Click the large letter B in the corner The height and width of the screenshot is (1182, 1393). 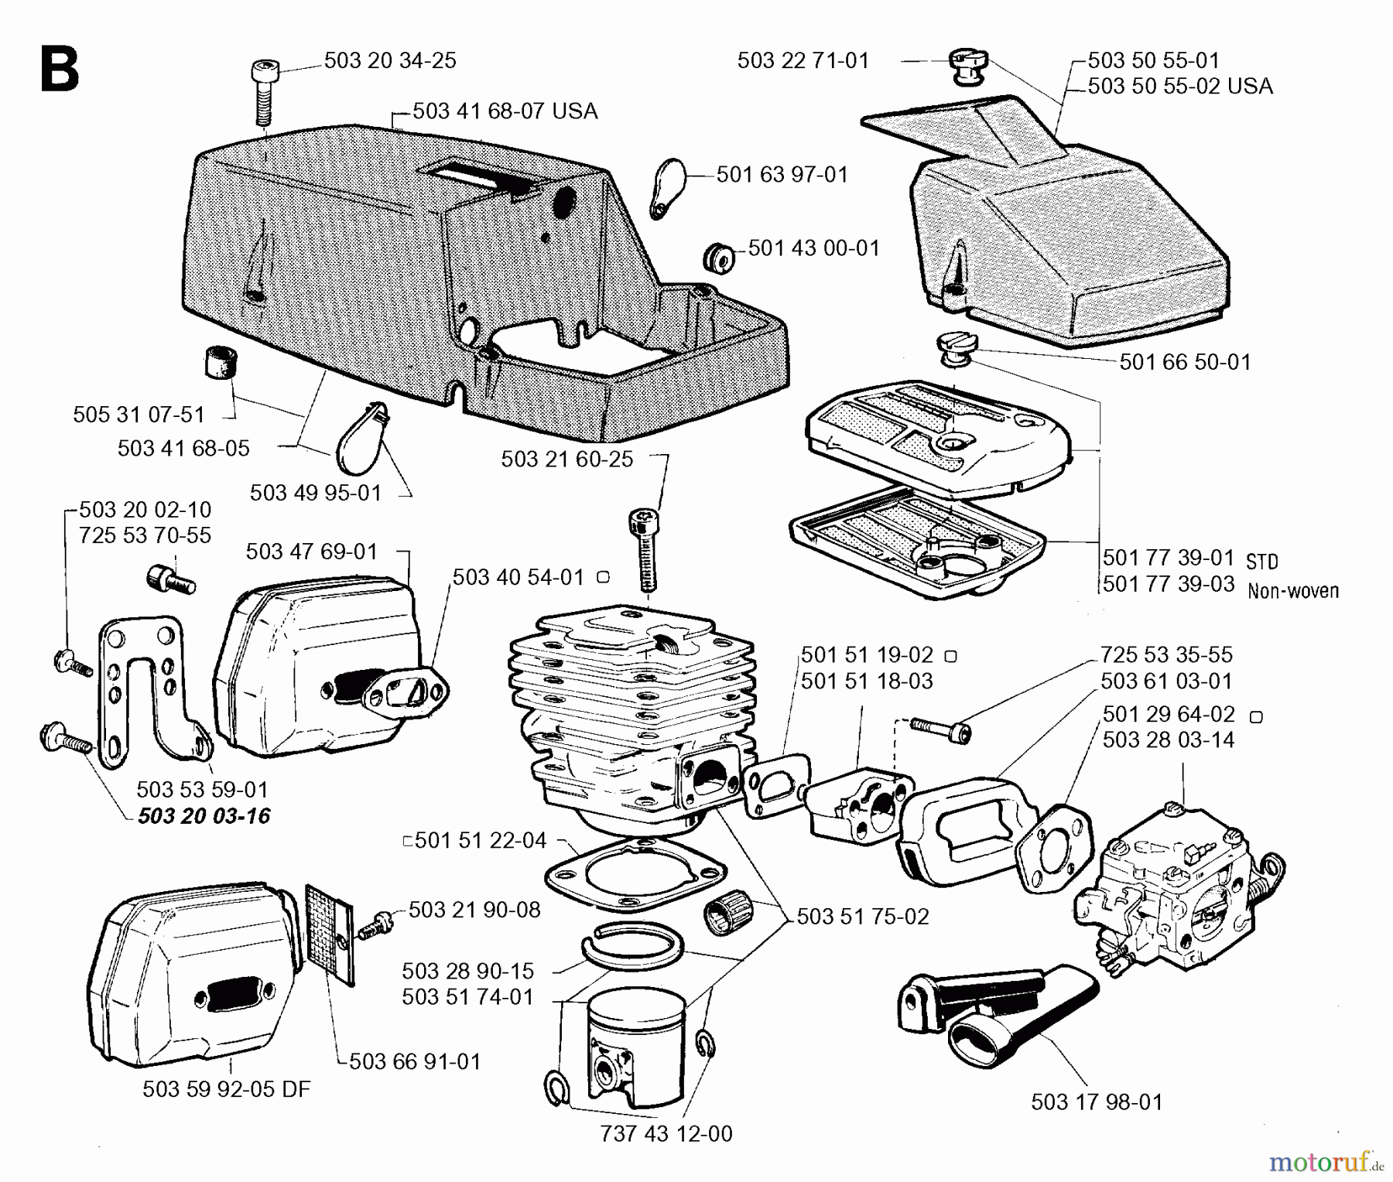(60, 70)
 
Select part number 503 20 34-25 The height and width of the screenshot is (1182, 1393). (389, 60)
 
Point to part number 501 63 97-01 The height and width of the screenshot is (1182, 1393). (782, 175)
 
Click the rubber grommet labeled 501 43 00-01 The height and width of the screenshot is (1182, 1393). (719, 257)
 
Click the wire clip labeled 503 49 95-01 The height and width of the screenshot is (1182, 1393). (362, 437)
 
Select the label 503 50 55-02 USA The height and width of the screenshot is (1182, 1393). (1179, 86)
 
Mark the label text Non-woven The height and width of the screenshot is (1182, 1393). (1292, 591)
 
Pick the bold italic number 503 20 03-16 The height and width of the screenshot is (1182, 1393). (204, 816)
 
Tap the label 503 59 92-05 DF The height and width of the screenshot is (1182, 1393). (226, 1089)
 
